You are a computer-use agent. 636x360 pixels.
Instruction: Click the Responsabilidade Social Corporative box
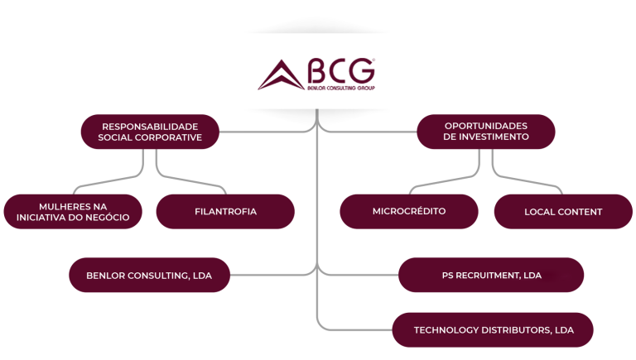pos(150,132)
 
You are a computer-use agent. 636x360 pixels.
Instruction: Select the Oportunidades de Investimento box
pos(486,132)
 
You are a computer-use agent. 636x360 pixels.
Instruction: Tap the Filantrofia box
pos(225,211)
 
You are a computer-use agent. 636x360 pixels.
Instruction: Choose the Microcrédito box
pos(409,211)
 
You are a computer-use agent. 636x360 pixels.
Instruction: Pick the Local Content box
pos(563,212)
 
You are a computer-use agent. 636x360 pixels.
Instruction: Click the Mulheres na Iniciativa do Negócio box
pos(72,211)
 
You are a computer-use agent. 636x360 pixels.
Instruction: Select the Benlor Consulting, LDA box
pos(148,275)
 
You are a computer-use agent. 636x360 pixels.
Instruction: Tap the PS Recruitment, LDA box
pos(491,275)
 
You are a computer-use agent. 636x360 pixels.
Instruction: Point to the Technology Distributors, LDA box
pos(493,330)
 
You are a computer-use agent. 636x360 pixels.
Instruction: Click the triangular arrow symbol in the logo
pos(279,77)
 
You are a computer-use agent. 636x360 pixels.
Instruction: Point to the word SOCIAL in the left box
pos(116,137)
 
